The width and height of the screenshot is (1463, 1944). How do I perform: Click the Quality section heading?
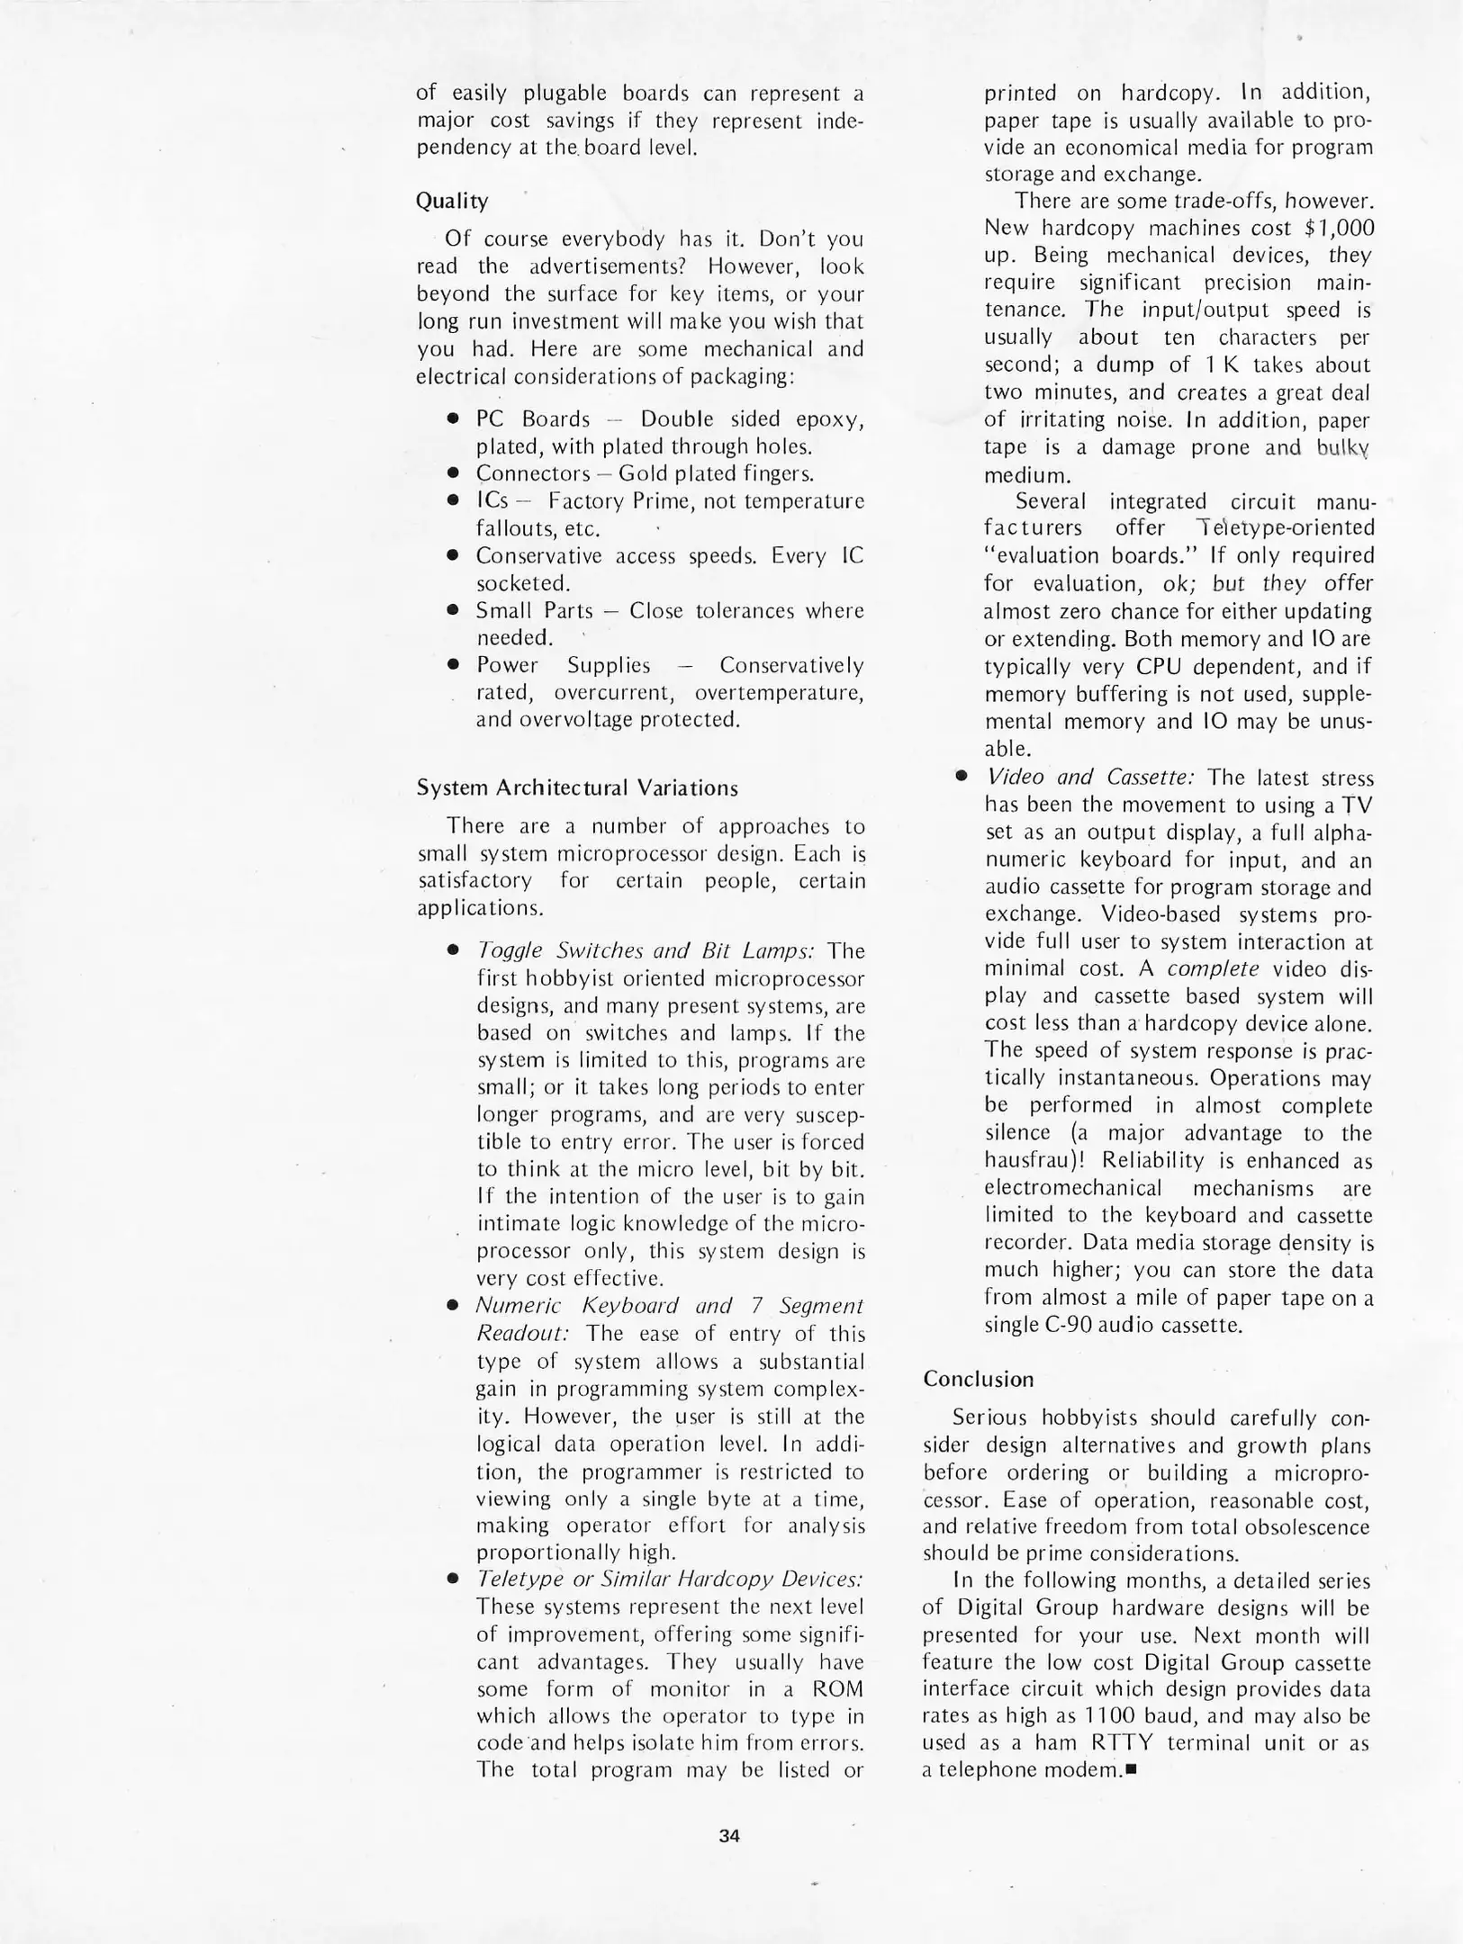click(452, 201)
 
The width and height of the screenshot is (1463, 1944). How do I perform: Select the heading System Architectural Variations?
click(577, 787)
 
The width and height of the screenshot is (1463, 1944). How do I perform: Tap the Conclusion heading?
click(979, 1379)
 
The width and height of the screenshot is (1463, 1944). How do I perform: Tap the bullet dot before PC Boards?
click(455, 419)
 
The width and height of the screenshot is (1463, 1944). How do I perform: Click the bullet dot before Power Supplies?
click(455, 665)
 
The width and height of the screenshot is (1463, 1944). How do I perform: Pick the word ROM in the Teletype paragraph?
click(837, 1688)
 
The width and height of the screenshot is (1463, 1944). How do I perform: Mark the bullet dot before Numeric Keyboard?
click(455, 1306)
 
